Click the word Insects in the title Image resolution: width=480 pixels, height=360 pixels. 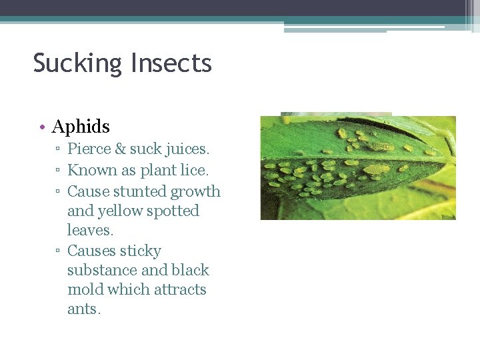click(x=171, y=63)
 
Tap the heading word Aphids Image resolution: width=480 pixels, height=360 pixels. click(x=81, y=126)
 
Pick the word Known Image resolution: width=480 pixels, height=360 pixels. click(x=92, y=170)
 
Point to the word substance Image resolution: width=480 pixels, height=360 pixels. click(x=101, y=270)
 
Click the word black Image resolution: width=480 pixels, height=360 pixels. click(x=190, y=270)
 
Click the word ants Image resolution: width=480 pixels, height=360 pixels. click(x=83, y=309)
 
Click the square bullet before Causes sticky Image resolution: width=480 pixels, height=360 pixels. click(x=59, y=251)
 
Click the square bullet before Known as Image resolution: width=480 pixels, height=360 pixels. click(x=59, y=171)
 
